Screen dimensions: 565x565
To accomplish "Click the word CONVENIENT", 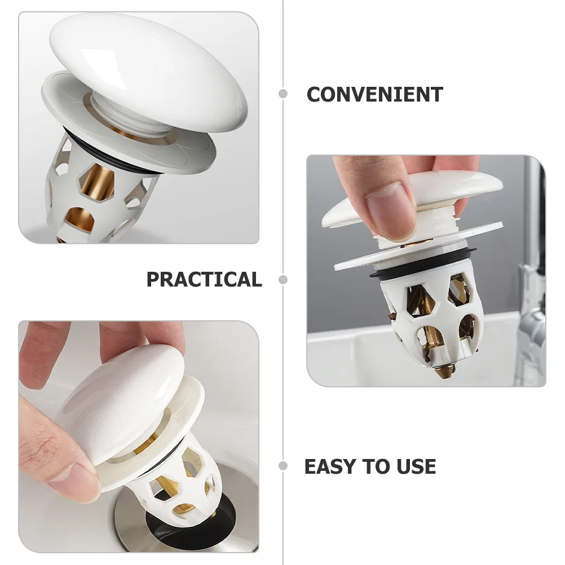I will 374,95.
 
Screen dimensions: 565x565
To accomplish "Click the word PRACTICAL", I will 204,280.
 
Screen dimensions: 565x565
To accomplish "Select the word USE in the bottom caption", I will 414,467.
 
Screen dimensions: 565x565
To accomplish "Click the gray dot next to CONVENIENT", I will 283,94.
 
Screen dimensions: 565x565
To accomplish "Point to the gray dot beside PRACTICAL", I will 283,280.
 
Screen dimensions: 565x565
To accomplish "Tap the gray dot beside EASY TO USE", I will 283,466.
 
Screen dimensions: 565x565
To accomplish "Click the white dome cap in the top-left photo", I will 149,62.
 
